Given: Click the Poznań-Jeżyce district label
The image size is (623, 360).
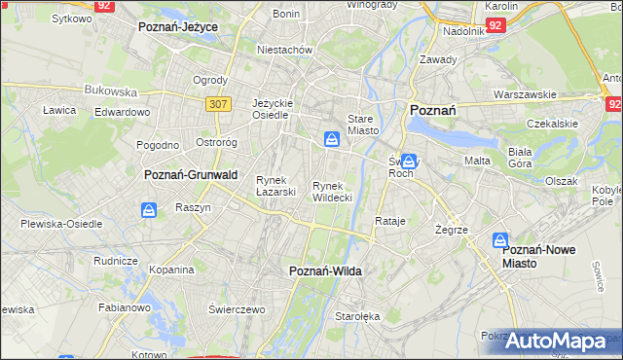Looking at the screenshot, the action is (178, 27).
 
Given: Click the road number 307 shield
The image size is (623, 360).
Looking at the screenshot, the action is (217, 102).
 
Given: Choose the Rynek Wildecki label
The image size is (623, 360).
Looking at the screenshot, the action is (332, 191).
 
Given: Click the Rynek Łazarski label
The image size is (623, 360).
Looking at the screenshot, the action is (275, 186).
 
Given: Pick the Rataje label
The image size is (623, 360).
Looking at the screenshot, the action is (389, 221).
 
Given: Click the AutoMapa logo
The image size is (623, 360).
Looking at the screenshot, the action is (556, 342).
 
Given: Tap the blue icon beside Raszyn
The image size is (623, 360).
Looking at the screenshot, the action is (149, 209).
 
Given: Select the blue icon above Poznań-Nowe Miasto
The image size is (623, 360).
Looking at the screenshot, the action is (500, 239).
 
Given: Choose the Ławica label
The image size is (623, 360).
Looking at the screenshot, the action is (59, 110).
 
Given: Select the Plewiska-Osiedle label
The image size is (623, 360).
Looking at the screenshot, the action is (61, 224).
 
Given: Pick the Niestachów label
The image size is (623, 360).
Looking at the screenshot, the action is (283, 49).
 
